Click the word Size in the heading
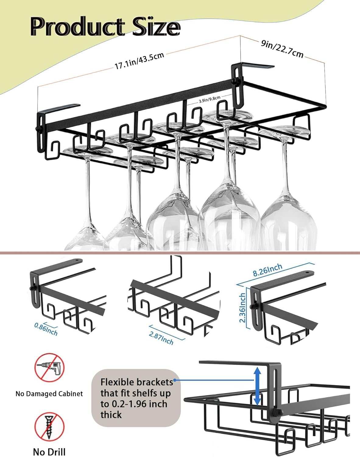156,27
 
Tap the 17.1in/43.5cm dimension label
139,61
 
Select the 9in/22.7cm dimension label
282,49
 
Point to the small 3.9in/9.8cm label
209,99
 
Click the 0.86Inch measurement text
46,329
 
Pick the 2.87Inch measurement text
161,338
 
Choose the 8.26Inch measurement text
267,270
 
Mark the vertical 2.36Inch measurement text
242,308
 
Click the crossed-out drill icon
49,367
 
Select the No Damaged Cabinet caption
49,394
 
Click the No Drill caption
49,452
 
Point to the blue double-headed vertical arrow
257,386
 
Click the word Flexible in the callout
118,382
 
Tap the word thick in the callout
111,415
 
